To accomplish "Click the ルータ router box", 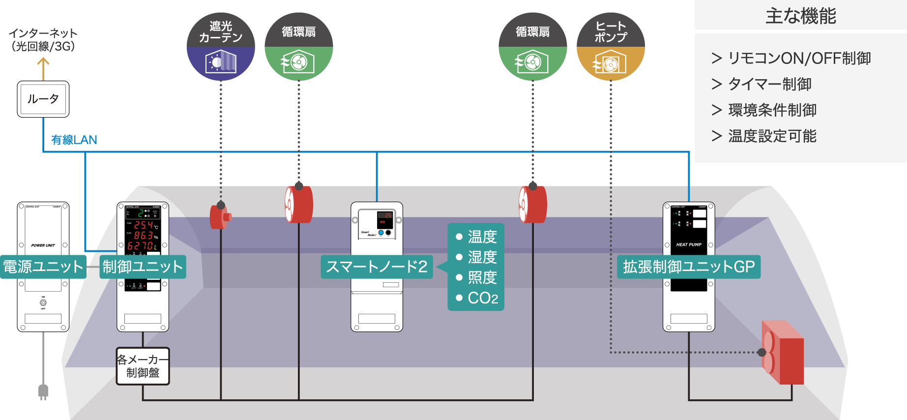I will (43, 99).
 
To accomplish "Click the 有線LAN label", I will (74, 140).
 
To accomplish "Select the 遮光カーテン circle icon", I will (221, 47).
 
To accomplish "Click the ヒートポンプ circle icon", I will (611, 47).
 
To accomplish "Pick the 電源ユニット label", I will (43, 267).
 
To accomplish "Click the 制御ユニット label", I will (143, 267).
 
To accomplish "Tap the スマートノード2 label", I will (377, 267).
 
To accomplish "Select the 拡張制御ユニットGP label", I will (688, 267).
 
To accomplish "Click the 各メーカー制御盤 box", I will (143, 366).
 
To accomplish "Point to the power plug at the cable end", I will (43, 391).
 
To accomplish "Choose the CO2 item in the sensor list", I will (477, 298).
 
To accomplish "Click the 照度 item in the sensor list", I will (477, 277).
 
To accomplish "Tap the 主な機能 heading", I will (800, 16).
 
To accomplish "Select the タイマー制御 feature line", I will (762, 84).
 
